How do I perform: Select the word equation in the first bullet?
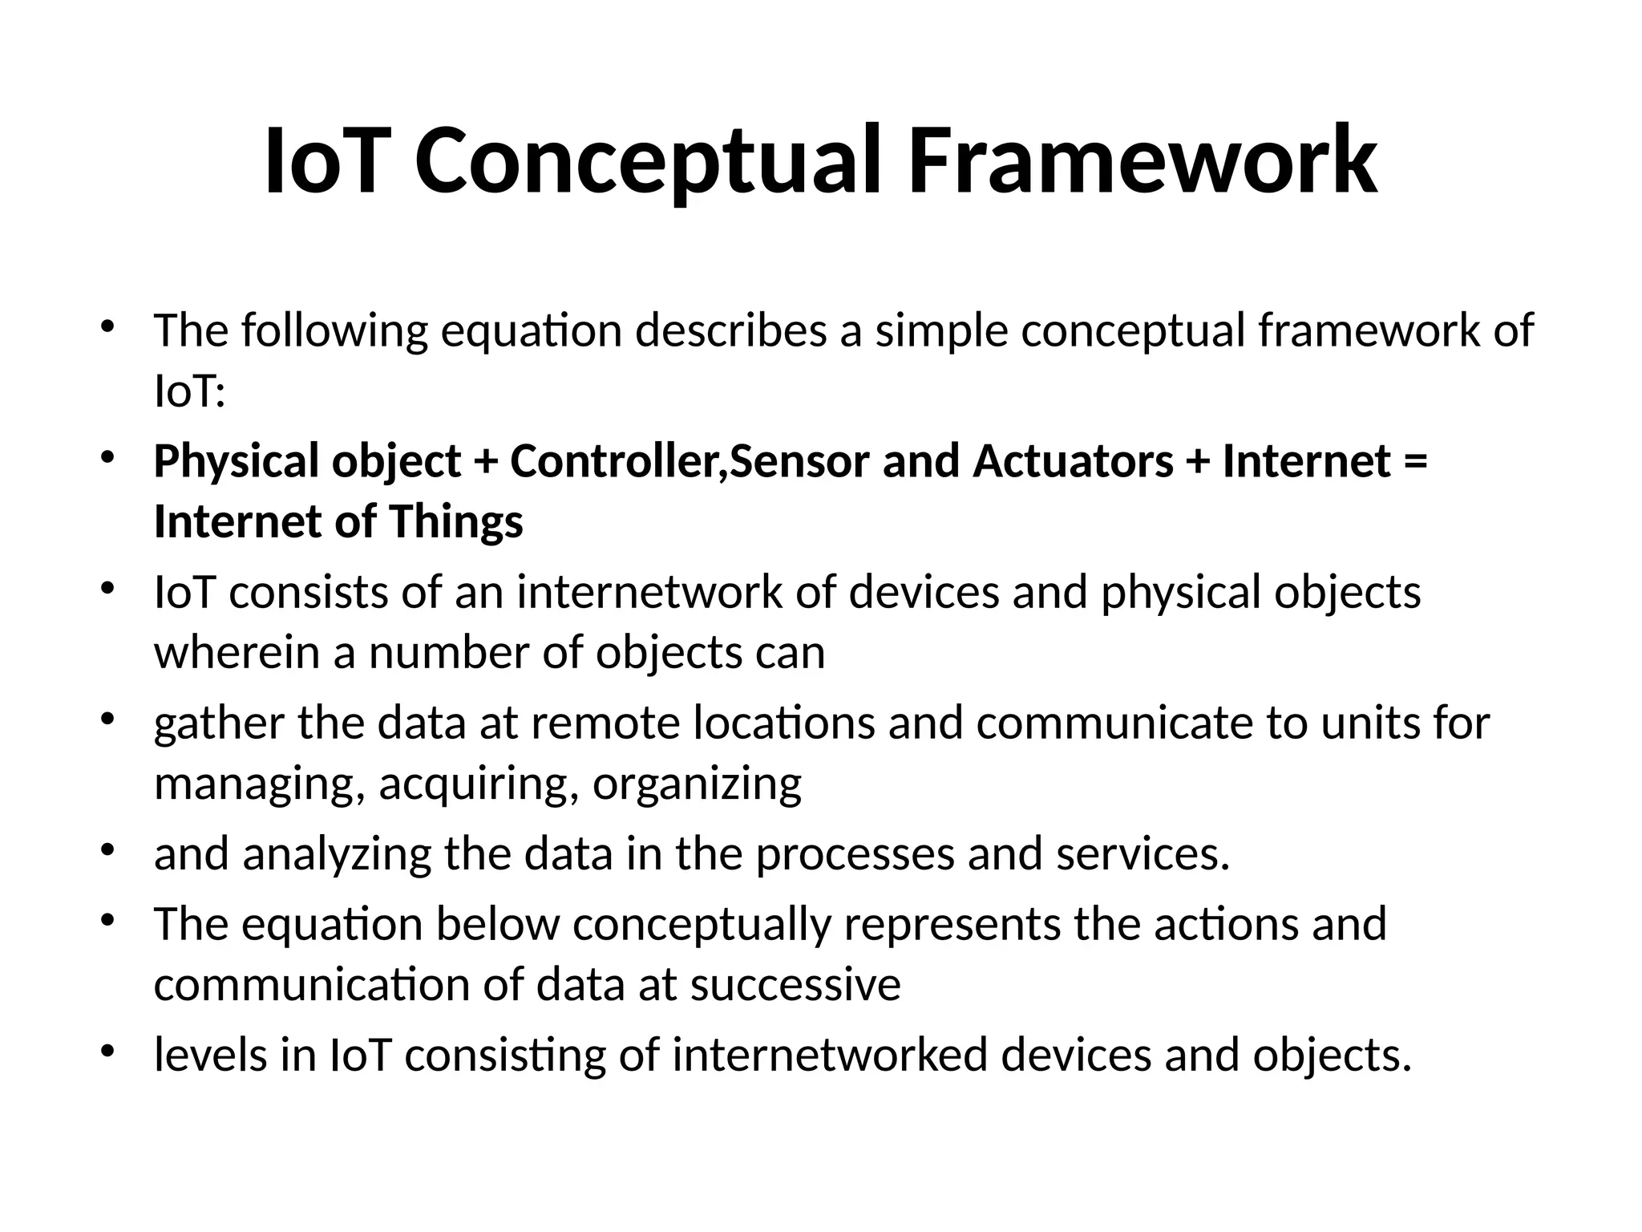point(531,331)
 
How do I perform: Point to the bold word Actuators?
point(1074,462)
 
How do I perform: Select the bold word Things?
point(456,522)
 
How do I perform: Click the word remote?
point(605,723)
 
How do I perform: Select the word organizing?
point(697,784)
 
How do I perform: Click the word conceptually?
point(702,925)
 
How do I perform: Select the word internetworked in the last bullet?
point(830,1056)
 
